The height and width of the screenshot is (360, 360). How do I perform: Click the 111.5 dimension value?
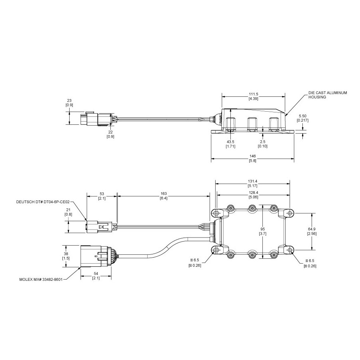pyautogui.click(x=254, y=94)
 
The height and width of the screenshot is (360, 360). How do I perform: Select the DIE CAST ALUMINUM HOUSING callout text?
pyautogui.click(x=328, y=95)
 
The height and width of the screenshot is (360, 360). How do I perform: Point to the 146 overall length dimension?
pyautogui.click(x=252, y=156)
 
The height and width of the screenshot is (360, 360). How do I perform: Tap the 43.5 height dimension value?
pyautogui.click(x=230, y=142)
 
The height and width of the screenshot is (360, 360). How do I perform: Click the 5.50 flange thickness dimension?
pyautogui.click(x=303, y=116)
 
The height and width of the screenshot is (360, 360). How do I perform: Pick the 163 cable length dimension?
pyautogui.click(x=164, y=194)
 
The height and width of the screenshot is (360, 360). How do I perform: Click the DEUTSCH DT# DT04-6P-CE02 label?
pyautogui.click(x=43, y=202)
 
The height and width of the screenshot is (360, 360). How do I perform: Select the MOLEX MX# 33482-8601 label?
pyautogui.click(x=41, y=280)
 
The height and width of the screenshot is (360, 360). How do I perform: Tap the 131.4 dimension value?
pyautogui.click(x=252, y=181)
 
